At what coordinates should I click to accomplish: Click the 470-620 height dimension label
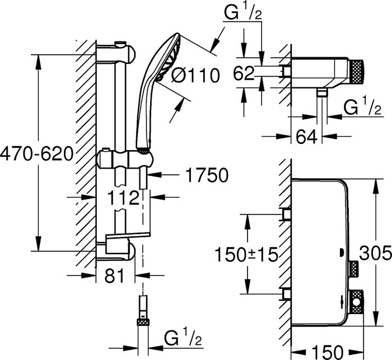tap(36, 152)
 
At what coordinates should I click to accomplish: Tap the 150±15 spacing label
tap(246, 255)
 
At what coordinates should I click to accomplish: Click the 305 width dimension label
tap(375, 255)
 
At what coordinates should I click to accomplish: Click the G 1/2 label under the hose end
tap(183, 338)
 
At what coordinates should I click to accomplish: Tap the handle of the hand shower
tap(144, 112)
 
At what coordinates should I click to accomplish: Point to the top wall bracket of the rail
tap(119, 53)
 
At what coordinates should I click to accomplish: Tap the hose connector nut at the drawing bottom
tap(143, 322)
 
